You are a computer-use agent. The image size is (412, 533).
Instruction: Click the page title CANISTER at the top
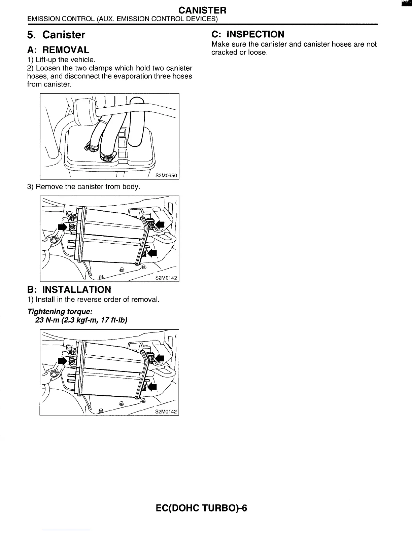tap(202, 10)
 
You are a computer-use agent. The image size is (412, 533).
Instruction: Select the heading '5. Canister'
tap(56, 35)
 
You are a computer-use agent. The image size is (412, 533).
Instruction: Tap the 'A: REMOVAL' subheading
tap(58, 50)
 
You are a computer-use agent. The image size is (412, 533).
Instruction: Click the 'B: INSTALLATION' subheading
tap(69, 289)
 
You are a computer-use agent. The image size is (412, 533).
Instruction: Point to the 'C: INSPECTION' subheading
tap(248, 34)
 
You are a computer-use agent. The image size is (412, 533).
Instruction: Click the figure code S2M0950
tap(166, 175)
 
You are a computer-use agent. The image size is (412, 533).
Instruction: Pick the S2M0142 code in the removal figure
tap(166, 278)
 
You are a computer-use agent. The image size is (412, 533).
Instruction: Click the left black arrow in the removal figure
tap(62, 227)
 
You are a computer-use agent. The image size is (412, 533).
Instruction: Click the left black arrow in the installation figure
tap(62, 361)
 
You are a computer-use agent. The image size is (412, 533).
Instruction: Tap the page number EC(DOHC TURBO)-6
tap(202, 508)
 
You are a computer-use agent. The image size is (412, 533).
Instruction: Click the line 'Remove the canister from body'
tap(87, 186)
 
